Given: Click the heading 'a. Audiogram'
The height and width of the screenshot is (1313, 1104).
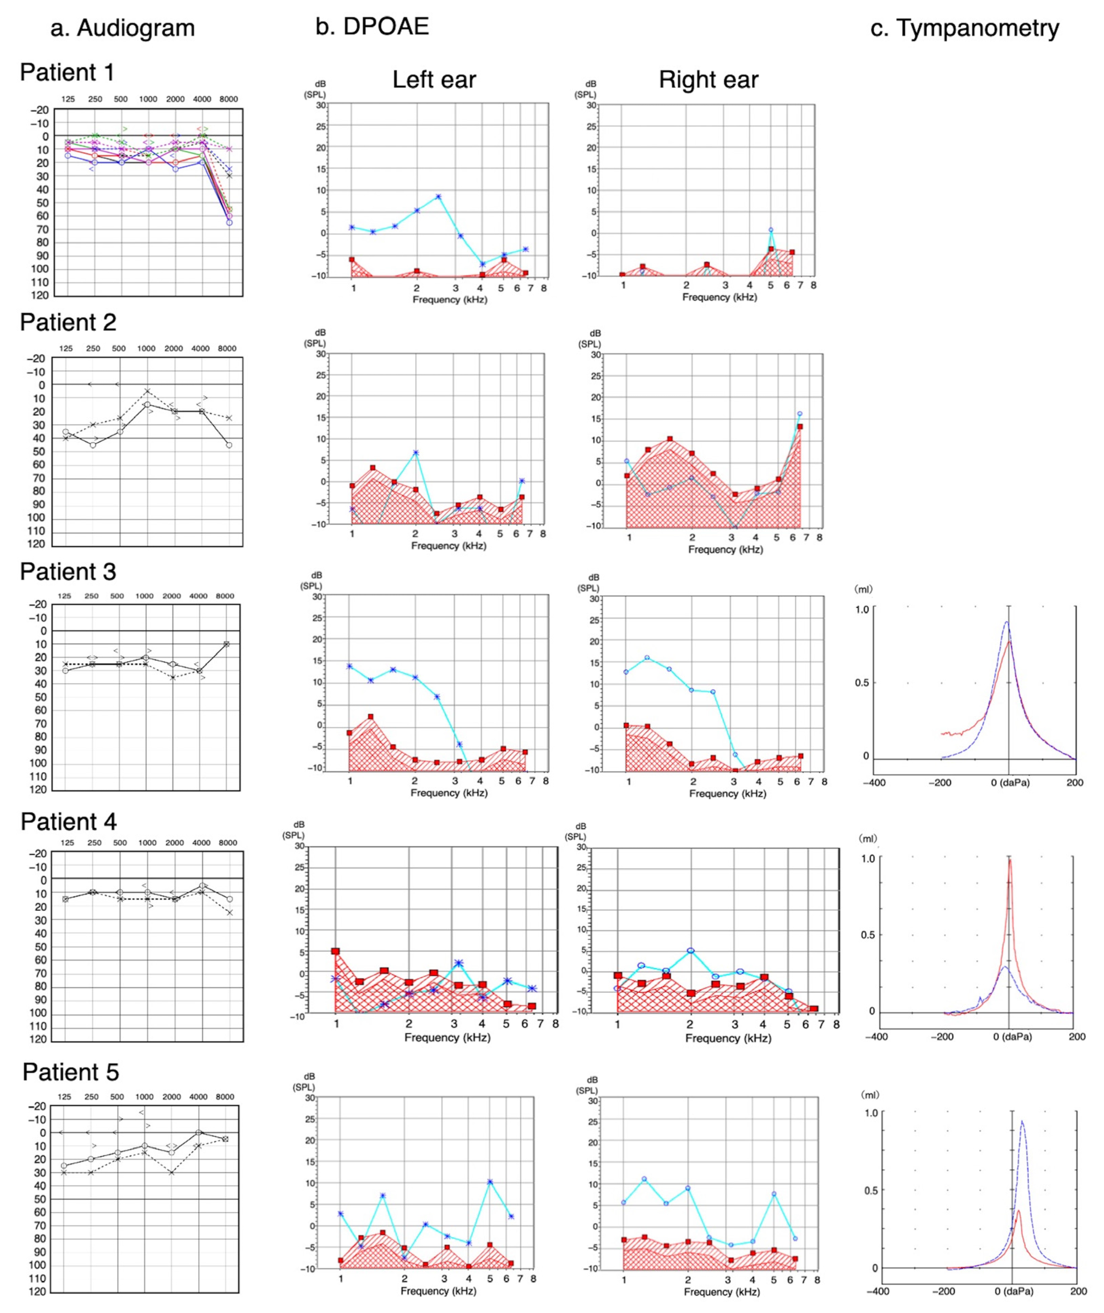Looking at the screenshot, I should [x=123, y=28].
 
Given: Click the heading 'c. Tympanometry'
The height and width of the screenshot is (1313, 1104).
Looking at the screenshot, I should [x=965, y=28].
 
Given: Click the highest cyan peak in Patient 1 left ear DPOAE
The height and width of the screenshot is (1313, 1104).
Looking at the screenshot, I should [x=438, y=197].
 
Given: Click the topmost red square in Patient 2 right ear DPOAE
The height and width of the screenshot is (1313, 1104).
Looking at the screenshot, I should [x=800, y=427].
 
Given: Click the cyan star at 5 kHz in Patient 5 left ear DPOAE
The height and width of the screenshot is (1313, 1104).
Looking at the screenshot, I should [x=490, y=1182].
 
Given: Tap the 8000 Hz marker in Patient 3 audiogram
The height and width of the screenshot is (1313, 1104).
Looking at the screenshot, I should [x=227, y=644].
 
